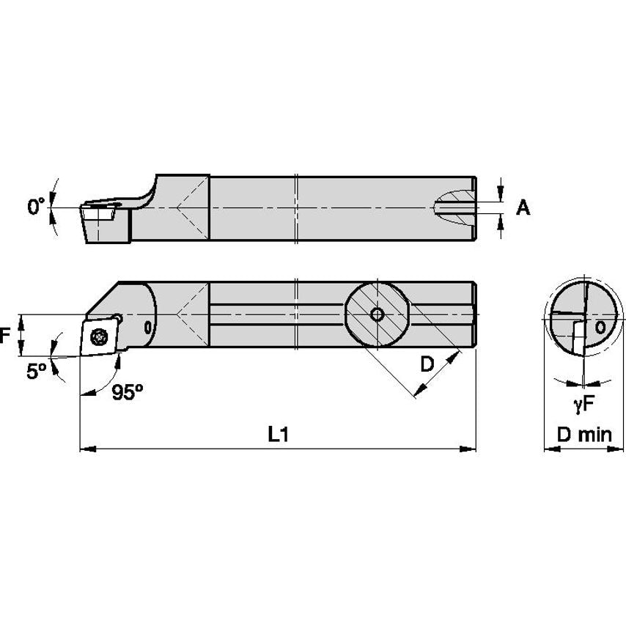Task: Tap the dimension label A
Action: (x=523, y=208)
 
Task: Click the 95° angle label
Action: (x=128, y=392)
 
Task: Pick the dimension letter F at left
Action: (x=6, y=336)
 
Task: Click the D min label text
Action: (x=583, y=434)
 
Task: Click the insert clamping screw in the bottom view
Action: (x=97, y=336)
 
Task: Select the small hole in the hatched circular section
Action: (x=376, y=314)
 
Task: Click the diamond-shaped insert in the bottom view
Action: (x=100, y=336)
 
